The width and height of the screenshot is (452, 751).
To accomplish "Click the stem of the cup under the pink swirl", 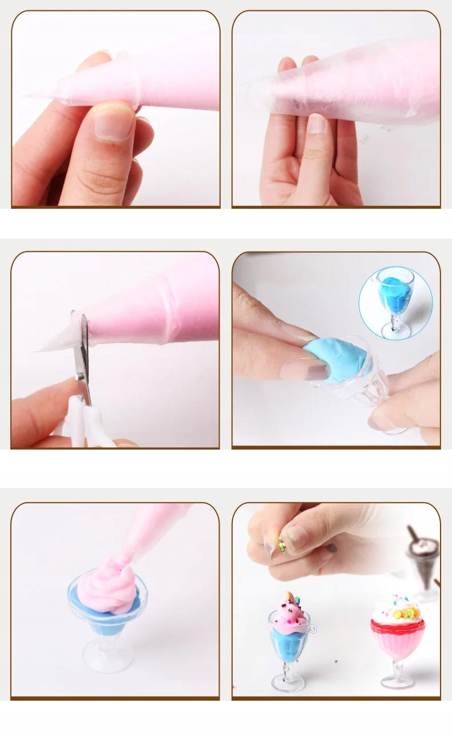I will click(106, 641).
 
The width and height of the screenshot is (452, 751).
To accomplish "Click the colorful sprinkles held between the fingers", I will click(281, 541).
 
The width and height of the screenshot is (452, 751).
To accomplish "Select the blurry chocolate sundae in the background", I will click(423, 558).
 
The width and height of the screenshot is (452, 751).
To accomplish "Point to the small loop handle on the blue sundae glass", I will click(312, 628).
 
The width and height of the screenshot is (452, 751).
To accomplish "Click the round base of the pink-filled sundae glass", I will click(397, 682).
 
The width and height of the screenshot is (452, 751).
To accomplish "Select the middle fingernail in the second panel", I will click(316, 124).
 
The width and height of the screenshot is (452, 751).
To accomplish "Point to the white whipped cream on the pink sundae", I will click(389, 610).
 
